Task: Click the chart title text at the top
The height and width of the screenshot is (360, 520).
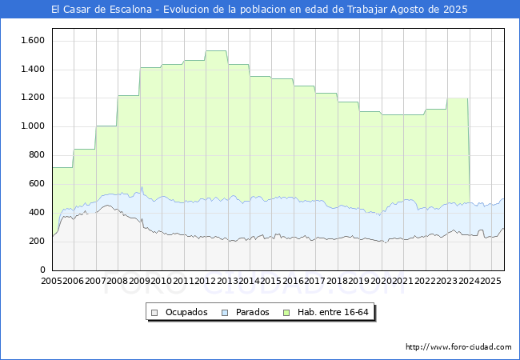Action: click(x=259, y=10)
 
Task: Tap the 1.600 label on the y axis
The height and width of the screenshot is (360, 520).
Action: click(x=33, y=41)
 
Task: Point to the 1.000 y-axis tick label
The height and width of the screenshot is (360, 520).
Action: click(x=33, y=126)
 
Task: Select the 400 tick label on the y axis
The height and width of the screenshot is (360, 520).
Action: click(x=37, y=212)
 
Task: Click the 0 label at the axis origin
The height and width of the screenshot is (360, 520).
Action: click(x=42, y=270)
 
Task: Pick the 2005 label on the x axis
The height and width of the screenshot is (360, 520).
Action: click(x=51, y=281)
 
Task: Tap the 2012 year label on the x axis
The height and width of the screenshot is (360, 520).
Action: click(x=205, y=281)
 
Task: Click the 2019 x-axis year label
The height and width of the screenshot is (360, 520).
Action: click(x=359, y=281)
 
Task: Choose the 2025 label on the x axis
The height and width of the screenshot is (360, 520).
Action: click(x=490, y=281)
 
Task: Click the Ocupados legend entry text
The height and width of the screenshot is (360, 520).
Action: click(x=186, y=312)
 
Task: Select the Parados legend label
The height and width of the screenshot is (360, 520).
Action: click(x=252, y=312)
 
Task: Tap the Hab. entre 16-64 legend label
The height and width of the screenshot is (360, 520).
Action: click(x=333, y=312)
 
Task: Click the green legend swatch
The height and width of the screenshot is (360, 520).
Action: click(x=286, y=313)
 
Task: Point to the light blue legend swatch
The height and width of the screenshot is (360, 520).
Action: click(x=225, y=313)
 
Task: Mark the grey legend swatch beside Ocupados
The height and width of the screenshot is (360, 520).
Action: click(x=154, y=313)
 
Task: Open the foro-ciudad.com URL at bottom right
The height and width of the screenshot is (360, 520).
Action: click(x=458, y=347)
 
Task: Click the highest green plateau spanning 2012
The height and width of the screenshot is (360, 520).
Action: click(x=216, y=50)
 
